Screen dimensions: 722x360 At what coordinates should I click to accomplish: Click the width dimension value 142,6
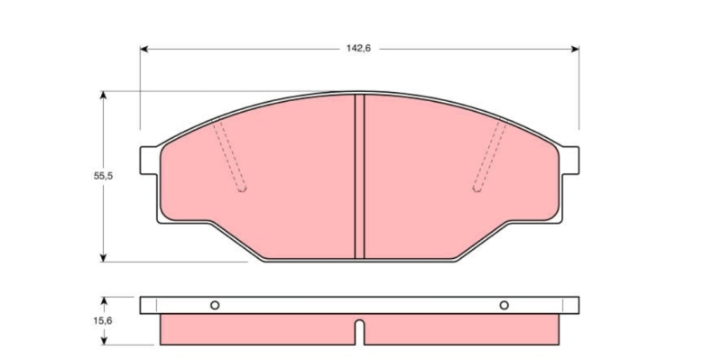[x=358, y=49]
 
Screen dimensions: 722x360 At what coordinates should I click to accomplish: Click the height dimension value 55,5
[x=103, y=176]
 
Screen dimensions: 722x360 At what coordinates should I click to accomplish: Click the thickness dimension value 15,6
[x=103, y=321]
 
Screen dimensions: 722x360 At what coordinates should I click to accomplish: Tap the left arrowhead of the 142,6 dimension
[x=143, y=49]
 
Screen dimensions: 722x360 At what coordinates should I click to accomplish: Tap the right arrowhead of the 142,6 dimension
[x=575, y=49]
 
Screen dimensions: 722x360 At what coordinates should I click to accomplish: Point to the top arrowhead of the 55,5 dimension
[x=103, y=95]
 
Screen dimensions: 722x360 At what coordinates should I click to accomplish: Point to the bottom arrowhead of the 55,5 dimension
[x=103, y=258]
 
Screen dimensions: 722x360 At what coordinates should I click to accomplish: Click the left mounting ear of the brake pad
[x=148, y=161]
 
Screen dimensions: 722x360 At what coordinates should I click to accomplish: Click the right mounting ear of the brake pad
[x=570, y=161]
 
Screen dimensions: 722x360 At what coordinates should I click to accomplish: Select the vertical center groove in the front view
[x=359, y=176]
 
